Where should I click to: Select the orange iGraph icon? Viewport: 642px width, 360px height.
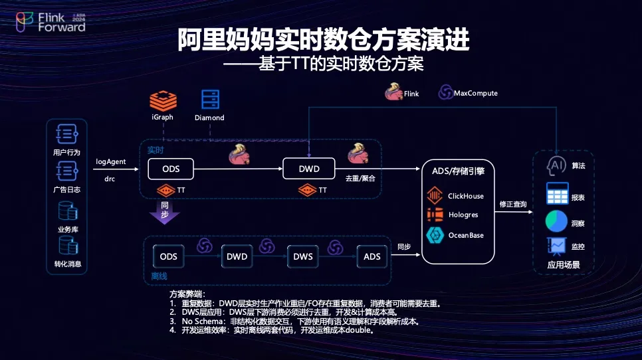pos(162,100)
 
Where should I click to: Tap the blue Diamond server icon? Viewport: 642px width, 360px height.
pos(210,100)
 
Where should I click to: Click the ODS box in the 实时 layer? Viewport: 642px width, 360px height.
pos(171,169)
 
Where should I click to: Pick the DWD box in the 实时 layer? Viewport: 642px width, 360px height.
pos(308,169)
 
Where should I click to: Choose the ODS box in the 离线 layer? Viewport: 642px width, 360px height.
pos(169,256)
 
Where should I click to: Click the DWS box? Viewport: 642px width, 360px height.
pos(304,256)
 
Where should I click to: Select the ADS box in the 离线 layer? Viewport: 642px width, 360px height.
pos(372,256)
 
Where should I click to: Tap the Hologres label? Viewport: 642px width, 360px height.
pos(463,215)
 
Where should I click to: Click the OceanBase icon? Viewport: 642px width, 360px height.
pos(435,235)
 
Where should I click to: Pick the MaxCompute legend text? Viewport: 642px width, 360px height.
pos(475,94)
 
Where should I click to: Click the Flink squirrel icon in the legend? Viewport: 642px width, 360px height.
pos(393,93)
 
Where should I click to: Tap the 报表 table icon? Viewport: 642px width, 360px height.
pos(557,194)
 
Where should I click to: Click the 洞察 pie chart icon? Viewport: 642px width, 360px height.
pos(556,223)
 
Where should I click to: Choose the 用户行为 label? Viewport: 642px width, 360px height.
pos(66,153)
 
